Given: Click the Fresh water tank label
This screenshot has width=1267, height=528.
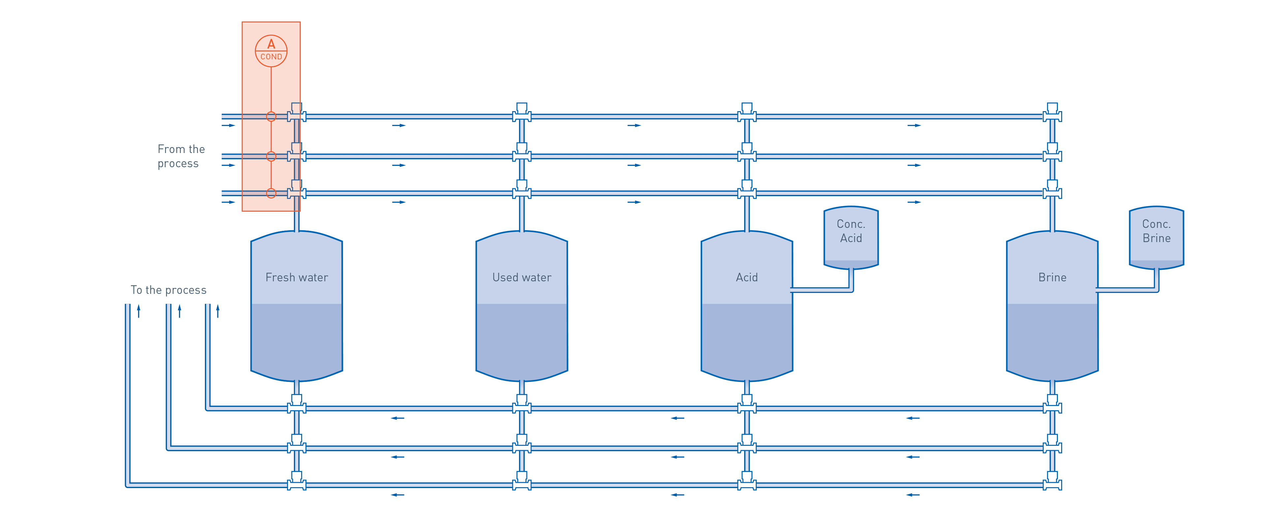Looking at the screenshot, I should click(297, 277).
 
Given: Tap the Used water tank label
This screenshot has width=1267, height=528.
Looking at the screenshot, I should click(522, 277).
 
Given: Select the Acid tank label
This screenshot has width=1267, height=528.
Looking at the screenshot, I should click(746, 277).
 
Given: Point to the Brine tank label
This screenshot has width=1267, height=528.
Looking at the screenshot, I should click(1052, 277).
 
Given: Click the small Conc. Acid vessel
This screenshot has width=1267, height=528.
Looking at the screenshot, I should click(851, 237).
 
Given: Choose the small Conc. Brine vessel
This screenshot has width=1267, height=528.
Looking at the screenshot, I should click(1156, 237).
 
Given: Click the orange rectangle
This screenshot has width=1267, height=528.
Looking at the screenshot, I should click(271, 64).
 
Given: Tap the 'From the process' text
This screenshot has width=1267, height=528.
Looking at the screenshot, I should click(181, 156).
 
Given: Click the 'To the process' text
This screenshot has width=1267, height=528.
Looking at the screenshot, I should click(169, 290).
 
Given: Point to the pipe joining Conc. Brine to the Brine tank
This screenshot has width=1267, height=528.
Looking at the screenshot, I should click(1131, 290).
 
